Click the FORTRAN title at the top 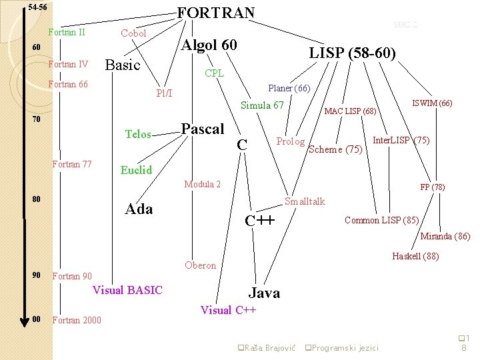click(x=215, y=13)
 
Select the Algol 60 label click(x=209, y=45)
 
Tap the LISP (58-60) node click(x=353, y=53)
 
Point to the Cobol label click(x=133, y=33)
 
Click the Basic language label click(x=123, y=65)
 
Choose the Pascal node click(x=203, y=129)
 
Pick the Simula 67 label click(x=262, y=105)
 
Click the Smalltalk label click(x=305, y=201)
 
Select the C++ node click(x=259, y=221)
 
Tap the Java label click(x=264, y=293)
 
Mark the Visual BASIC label click(x=127, y=290)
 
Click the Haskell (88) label click(x=415, y=256)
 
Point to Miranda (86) click(x=445, y=236)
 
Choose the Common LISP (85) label click(x=381, y=220)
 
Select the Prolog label click(x=291, y=141)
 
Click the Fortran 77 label click(x=72, y=164)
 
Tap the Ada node click(x=139, y=209)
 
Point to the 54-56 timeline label click(x=37, y=8)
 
